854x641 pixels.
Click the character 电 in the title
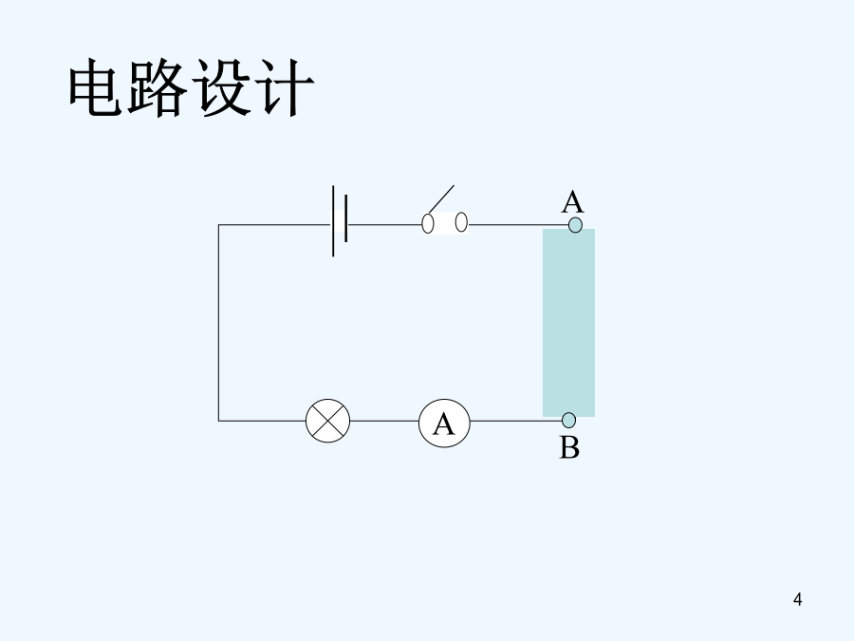coord(99,90)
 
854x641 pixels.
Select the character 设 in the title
coord(224,90)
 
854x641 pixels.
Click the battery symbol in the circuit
coord(340,224)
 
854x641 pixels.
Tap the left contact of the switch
coord(428,224)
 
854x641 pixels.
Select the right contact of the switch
coord(461,222)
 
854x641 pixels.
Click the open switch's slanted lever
coord(440,198)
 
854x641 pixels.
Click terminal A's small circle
coord(574,225)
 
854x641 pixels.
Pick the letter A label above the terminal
coord(572,201)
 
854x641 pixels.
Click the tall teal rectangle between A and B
coord(568,323)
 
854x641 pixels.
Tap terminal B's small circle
coord(568,420)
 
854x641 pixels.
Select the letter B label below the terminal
coord(569,447)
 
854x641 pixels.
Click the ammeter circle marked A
coord(444,423)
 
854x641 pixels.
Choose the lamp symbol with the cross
coord(327,420)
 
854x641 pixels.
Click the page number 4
coord(797,599)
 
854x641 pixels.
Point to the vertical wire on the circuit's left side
coord(218,323)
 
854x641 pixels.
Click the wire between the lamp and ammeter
coord(384,420)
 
